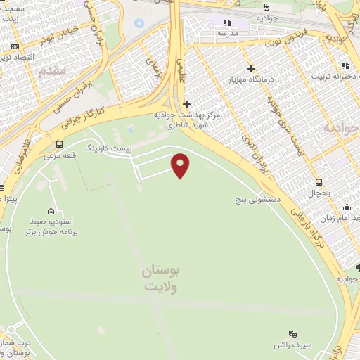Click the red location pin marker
(181, 165)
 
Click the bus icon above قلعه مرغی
(58, 145)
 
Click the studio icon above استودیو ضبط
(51, 212)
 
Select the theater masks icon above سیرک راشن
(293, 334)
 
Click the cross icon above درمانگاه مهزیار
(251, 68)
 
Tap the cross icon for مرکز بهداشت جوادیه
(186, 105)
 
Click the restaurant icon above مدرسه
(227, 22)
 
